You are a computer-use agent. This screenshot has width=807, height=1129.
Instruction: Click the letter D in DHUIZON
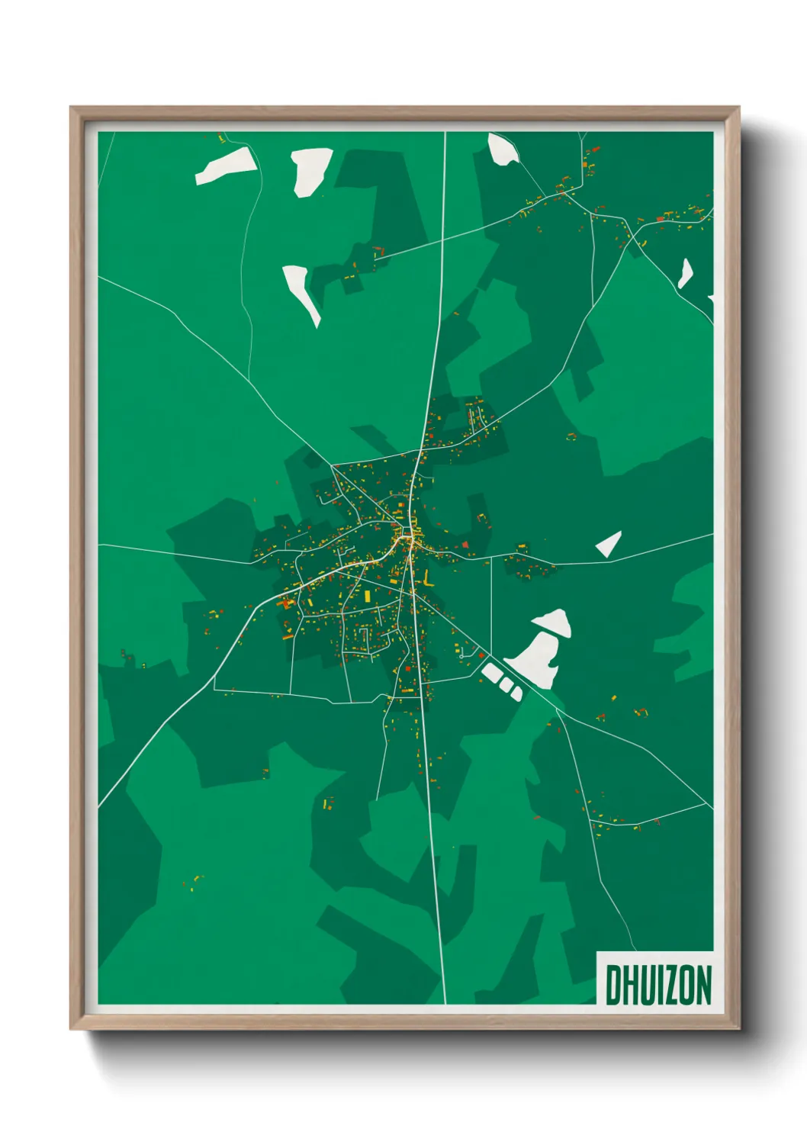613,985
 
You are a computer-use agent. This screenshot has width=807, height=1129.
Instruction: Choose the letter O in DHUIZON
688,985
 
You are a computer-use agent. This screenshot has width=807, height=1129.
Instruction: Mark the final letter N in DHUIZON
704,985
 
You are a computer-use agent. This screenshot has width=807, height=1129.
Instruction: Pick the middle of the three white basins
504,684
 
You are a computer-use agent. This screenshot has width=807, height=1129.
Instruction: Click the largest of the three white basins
491,674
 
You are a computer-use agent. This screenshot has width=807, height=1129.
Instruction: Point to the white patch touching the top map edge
503,148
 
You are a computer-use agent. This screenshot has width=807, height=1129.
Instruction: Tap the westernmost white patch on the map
227,166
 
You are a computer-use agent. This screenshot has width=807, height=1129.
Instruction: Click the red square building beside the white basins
481,656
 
